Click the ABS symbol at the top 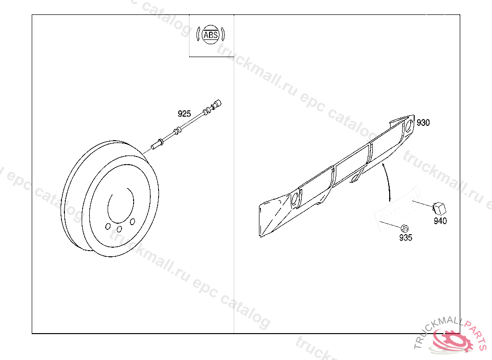(210, 35)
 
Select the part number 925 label (184, 113)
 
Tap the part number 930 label (423, 122)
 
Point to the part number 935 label (406, 238)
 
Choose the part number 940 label (440, 221)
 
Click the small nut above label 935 (405, 228)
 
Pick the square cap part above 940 (439, 208)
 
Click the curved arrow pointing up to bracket (388, 181)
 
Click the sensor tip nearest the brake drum (154, 146)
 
